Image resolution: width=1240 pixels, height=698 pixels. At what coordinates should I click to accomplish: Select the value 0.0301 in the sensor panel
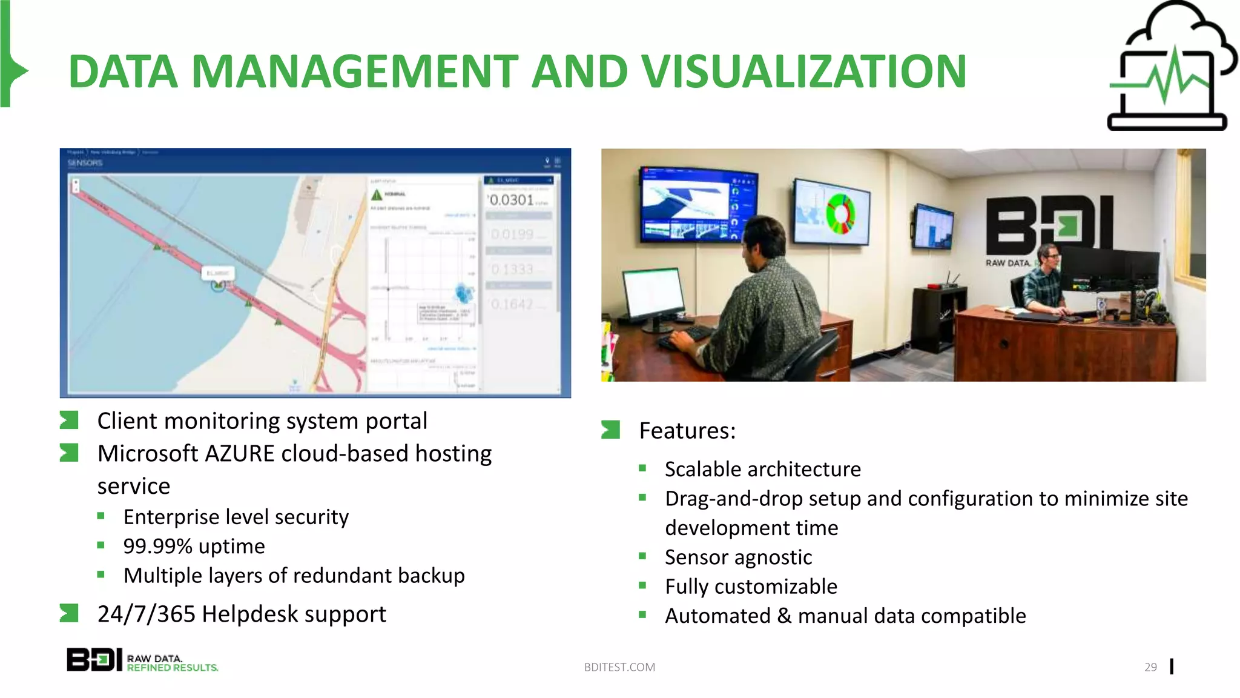pyautogui.click(x=512, y=200)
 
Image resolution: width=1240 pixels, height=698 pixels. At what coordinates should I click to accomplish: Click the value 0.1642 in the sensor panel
pyautogui.click(x=512, y=304)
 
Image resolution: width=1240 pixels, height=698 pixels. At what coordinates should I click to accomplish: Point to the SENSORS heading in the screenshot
pyautogui.click(x=85, y=163)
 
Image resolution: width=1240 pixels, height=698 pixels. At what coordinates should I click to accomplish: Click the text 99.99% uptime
pyautogui.click(x=194, y=547)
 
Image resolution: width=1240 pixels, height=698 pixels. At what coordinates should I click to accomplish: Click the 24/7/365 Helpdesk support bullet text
pyautogui.click(x=241, y=614)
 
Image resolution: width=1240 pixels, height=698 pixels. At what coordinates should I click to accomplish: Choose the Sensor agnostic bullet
pyautogui.click(x=737, y=557)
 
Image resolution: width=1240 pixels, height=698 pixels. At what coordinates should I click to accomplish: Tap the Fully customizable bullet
pyautogui.click(x=751, y=587)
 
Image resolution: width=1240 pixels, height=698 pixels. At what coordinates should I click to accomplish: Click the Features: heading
pyautogui.click(x=687, y=431)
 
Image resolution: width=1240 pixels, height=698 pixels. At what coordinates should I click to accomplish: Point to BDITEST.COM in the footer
pyautogui.click(x=619, y=667)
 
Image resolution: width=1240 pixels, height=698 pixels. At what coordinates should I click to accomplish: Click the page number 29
pyautogui.click(x=1150, y=667)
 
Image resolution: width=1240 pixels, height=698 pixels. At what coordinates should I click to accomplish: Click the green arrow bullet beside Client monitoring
pyautogui.click(x=69, y=420)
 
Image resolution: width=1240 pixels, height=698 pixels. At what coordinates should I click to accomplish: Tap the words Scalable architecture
pyautogui.click(x=762, y=470)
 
